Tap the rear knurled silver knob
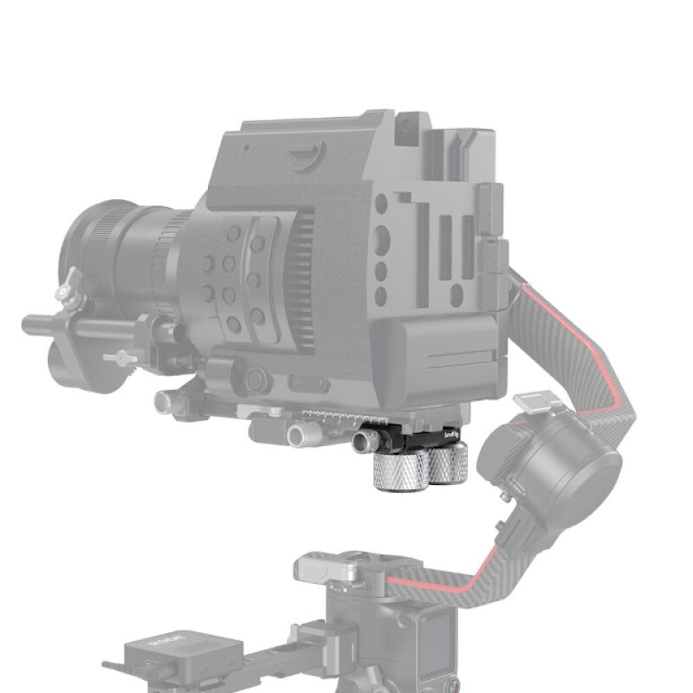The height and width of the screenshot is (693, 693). [449, 464]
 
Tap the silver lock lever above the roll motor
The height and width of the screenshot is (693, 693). [531, 403]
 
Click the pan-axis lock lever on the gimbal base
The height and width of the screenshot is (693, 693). [325, 568]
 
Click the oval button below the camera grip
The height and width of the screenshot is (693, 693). [308, 382]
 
